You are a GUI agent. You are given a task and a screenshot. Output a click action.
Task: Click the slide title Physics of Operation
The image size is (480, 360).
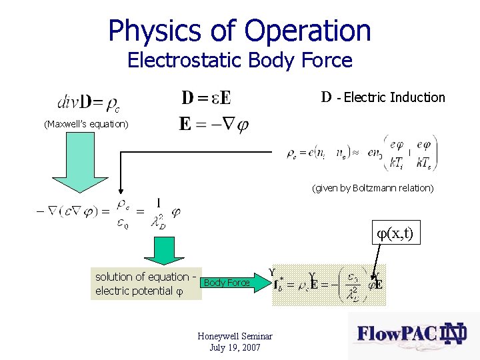(239, 31)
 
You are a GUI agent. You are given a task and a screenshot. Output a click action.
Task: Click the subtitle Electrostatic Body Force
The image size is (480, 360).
(239, 61)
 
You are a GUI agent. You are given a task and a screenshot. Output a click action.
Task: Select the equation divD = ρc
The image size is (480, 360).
(89, 103)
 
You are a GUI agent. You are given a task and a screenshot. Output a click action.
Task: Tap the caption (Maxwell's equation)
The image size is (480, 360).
(86, 124)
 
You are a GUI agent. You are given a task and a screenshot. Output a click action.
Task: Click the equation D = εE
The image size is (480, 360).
(207, 98)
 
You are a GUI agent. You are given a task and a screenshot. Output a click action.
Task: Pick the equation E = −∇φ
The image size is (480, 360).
(213, 125)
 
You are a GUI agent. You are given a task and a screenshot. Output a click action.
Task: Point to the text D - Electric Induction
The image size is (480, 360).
(383, 97)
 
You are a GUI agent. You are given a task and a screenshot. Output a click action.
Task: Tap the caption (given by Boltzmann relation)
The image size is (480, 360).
(373, 188)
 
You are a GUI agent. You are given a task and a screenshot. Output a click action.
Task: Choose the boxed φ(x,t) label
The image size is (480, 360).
(395, 233)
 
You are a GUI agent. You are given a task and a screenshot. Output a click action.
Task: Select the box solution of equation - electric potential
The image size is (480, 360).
(146, 283)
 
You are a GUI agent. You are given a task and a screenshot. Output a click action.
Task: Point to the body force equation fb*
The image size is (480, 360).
(328, 285)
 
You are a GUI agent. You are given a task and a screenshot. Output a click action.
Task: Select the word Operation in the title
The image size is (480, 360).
(307, 31)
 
